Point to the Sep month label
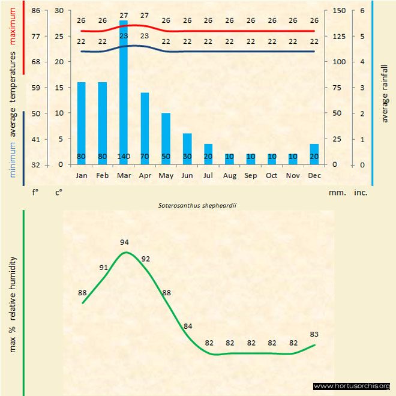click(x=251, y=176)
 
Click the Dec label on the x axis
click(x=314, y=176)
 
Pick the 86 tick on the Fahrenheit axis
click(x=37, y=11)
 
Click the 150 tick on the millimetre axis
click(x=338, y=11)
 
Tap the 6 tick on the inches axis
click(x=362, y=11)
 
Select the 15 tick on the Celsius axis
click(x=58, y=88)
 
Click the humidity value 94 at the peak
click(x=125, y=242)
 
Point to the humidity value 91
click(x=104, y=268)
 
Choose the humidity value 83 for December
click(x=314, y=334)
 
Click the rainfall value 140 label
click(x=124, y=157)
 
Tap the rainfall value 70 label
click(x=145, y=157)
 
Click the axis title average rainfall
click(x=385, y=92)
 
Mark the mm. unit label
click(x=336, y=193)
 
